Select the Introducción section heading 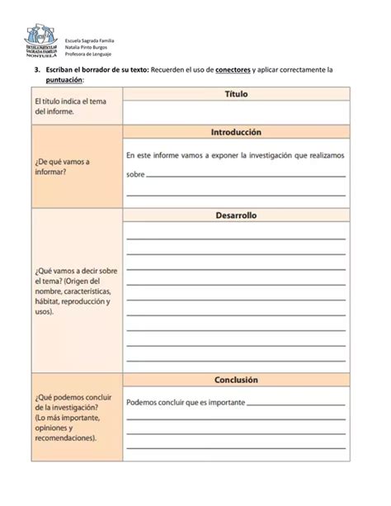237,132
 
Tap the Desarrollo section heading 237,215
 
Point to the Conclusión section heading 237,380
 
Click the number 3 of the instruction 36,70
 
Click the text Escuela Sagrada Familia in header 90,40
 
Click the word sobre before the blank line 135,174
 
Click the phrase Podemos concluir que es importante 186,403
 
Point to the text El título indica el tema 73,102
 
